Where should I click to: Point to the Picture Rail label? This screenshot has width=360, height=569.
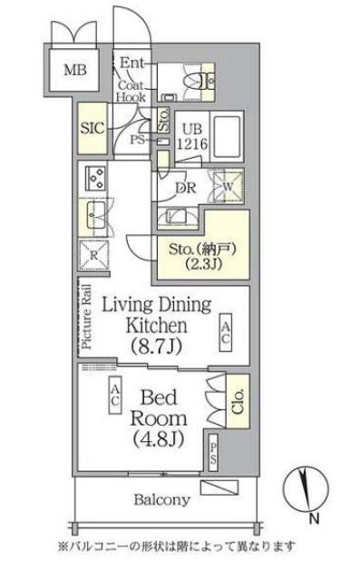(88, 317)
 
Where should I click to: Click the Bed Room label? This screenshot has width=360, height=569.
(164, 418)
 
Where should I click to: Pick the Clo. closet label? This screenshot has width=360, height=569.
(238, 397)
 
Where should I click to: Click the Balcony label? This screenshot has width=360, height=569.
(163, 499)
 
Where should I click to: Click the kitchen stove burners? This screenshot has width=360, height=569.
(94, 176)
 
